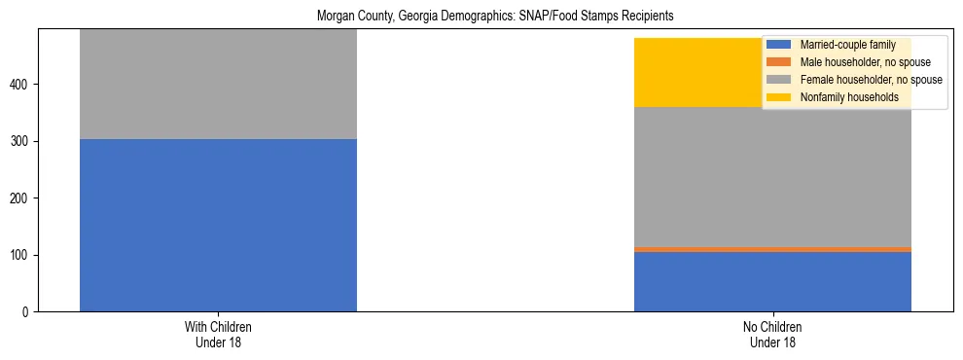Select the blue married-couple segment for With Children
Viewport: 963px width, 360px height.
pyautogui.click(x=218, y=225)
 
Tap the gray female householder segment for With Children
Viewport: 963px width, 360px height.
pyautogui.click(x=218, y=85)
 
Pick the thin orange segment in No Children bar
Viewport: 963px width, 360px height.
pyautogui.click(x=772, y=249)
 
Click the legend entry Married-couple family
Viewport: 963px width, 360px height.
pyautogui.click(x=846, y=45)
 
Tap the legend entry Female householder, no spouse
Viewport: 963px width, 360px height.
pyautogui.click(x=870, y=80)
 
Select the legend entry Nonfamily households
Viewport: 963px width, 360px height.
pyautogui.click(x=848, y=97)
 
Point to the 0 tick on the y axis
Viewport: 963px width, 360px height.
pyautogui.click(x=28, y=312)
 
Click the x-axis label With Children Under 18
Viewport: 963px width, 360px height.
pyautogui.click(x=218, y=335)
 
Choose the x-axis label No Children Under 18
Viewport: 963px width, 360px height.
pyautogui.click(x=772, y=335)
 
